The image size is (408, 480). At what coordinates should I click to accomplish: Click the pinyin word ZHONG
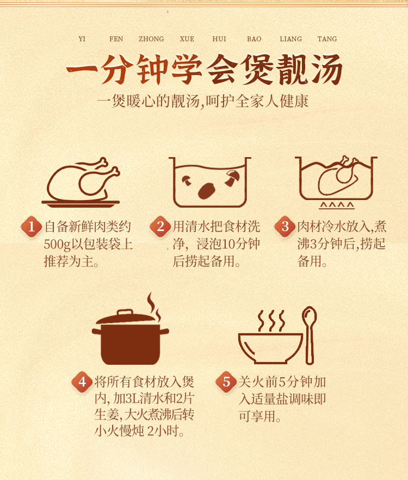(x=151, y=39)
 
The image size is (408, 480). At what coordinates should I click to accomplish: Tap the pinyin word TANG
(x=327, y=39)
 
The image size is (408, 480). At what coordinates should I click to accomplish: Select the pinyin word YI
(x=82, y=39)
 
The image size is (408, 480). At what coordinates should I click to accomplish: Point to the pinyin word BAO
(x=254, y=39)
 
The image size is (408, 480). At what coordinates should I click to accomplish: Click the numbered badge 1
(x=31, y=227)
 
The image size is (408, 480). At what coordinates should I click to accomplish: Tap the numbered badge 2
(x=160, y=227)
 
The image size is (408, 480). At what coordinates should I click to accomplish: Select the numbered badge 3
(x=285, y=227)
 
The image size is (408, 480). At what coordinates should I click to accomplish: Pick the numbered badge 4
(x=82, y=382)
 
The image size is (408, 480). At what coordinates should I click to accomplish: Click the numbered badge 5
(x=226, y=382)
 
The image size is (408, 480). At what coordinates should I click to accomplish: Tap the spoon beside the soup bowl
(x=310, y=335)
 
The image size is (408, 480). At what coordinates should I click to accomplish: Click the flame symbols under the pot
(x=337, y=205)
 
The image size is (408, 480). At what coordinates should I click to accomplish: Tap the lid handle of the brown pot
(x=125, y=313)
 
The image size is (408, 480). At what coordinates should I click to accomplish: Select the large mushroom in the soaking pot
(x=207, y=190)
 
